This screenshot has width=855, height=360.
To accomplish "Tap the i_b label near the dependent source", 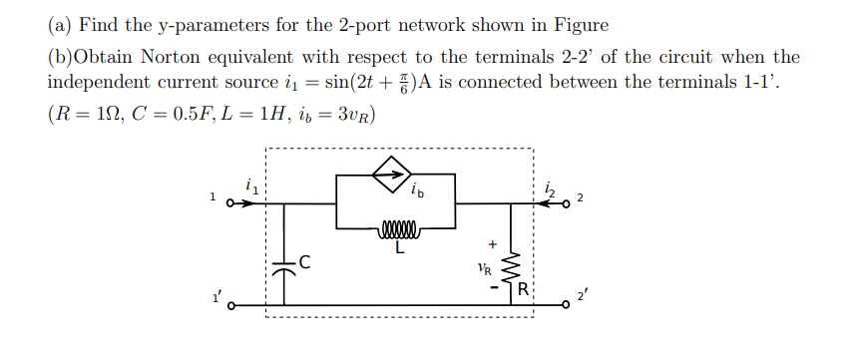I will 418,190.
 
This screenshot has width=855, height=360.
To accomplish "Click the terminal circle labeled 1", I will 228,203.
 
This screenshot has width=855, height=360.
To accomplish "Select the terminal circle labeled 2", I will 567,203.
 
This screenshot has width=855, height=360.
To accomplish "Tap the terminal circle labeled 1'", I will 228,307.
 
